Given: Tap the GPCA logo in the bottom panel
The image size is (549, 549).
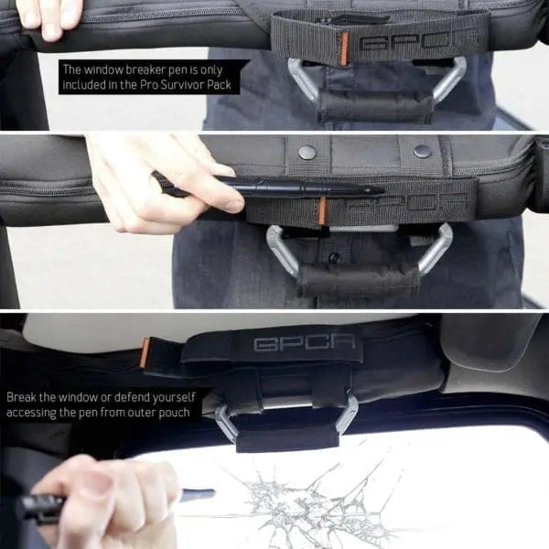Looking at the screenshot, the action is point(305,344).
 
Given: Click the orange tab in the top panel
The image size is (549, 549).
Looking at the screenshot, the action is point(344,49).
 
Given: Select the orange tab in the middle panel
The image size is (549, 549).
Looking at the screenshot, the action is point(322,210).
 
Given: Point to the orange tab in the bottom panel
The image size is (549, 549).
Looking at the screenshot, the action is point(145,352).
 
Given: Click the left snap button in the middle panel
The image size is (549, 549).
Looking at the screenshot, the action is point(307,152).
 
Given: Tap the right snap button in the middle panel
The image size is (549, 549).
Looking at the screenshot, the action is point(422,151).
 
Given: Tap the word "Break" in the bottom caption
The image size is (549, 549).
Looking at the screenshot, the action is point(21,397).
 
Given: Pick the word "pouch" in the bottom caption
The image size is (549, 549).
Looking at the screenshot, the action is point(174,413).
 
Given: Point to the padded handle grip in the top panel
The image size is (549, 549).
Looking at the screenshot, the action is point(374,107).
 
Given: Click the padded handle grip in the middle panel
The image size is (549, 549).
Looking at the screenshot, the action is point(358,279).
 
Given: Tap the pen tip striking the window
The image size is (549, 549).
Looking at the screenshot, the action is point(210,494).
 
